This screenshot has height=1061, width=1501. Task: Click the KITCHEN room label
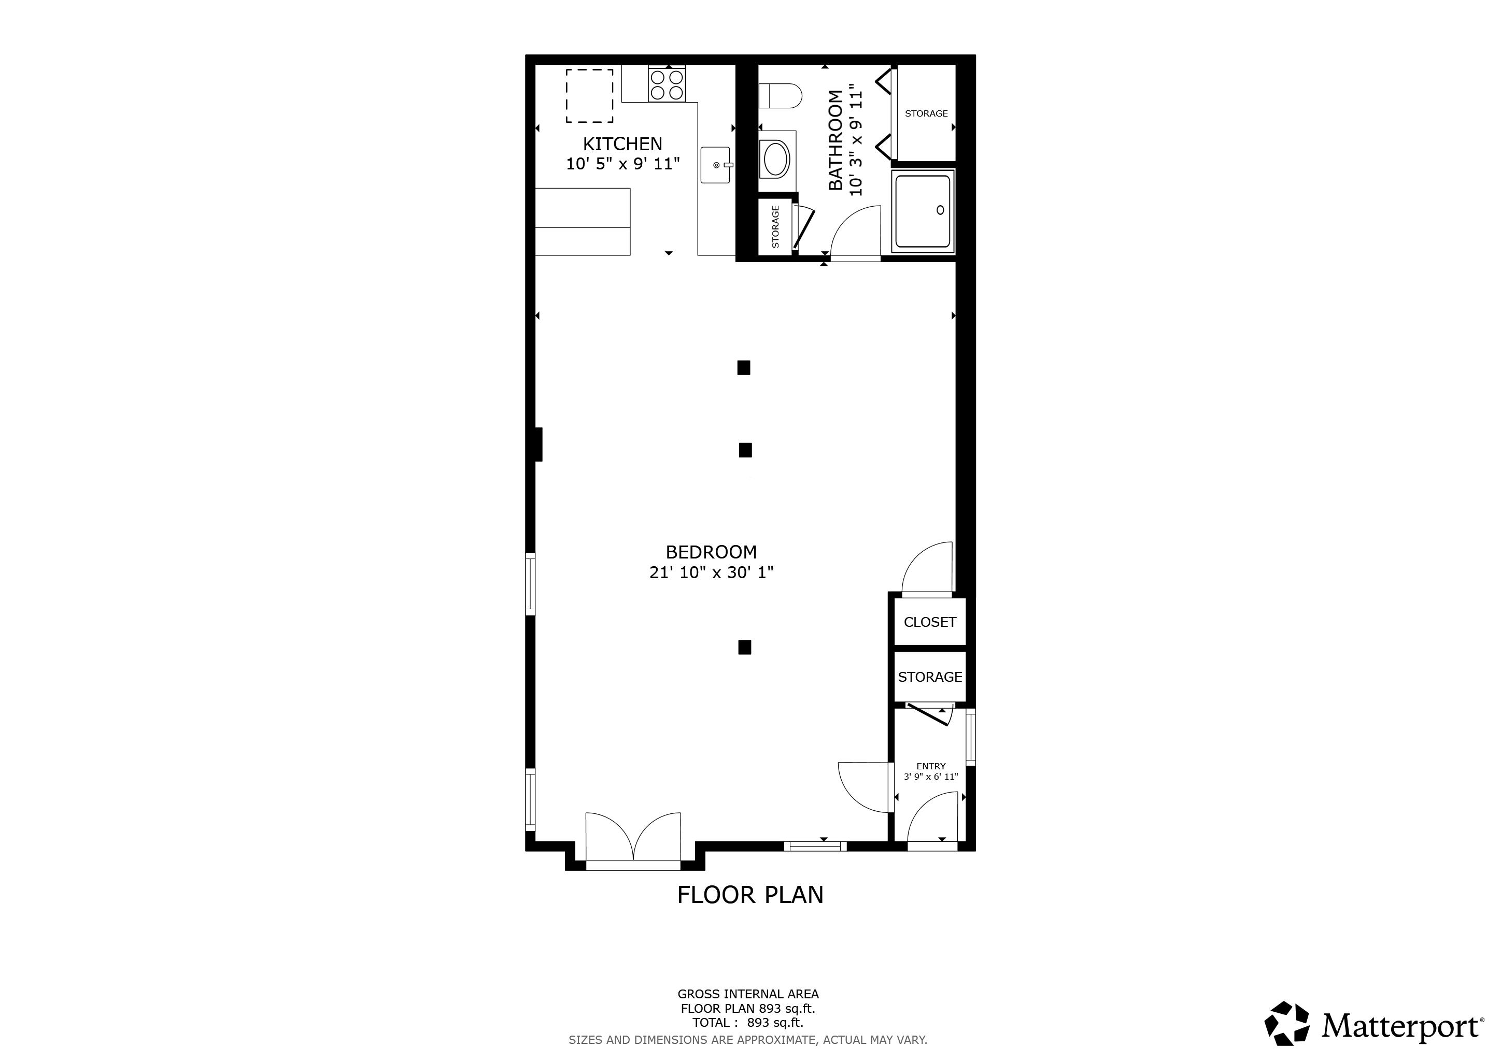[x=622, y=144]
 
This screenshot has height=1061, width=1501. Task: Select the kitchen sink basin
[x=715, y=165]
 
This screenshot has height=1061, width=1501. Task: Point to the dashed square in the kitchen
[x=589, y=95]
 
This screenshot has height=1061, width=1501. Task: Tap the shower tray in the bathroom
[x=923, y=211]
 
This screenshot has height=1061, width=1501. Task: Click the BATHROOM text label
[x=836, y=140]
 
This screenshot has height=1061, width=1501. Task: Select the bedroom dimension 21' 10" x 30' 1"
[x=711, y=573]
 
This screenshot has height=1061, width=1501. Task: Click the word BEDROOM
[x=711, y=552]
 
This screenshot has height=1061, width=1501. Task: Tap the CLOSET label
[x=930, y=623]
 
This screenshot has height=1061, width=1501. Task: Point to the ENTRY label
[x=931, y=766]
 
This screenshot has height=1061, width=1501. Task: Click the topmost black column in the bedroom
[x=743, y=368]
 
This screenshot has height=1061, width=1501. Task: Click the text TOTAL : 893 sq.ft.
[x=748, y=1023]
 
